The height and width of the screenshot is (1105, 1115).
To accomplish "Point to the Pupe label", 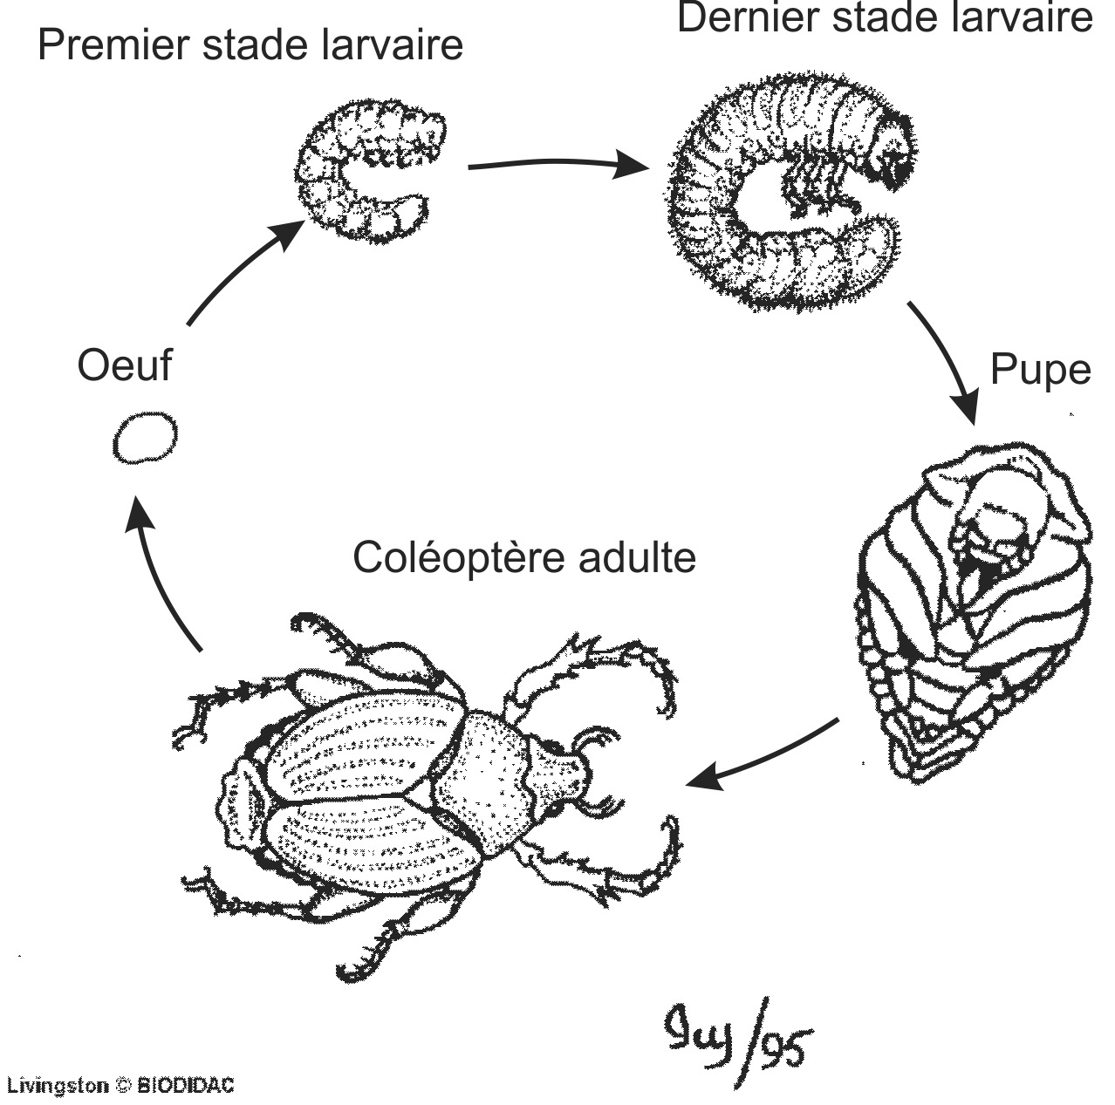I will [x=1040, y=370].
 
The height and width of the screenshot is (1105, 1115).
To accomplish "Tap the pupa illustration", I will [x=968, y=610].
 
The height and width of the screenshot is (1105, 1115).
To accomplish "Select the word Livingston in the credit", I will [x=58, y=1086].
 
